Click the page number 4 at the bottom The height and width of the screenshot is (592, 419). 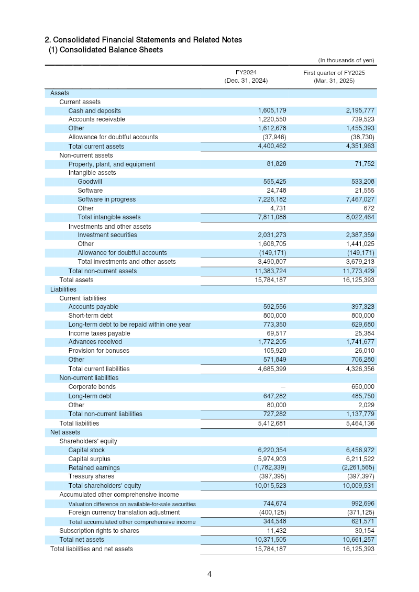click(x=210, y=574)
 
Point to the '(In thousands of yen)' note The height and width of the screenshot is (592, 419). click(x=346, y=60)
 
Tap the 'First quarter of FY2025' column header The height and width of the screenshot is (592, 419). click(x=334, y=72)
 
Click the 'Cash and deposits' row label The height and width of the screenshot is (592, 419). click(x=94, y=111)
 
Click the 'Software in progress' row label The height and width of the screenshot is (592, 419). click(x=106, y=199)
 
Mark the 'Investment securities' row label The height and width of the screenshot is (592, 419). click(x=107, y=235)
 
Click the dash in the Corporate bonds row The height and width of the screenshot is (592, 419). click(x=283, y=387)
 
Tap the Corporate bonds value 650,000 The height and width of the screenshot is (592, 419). click(x=361, y=387)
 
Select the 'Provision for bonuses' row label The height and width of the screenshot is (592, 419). click(x=98, y=351)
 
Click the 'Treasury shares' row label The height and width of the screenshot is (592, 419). click(x=91, y=476)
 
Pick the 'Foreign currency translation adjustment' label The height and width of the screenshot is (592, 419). click(x=124, y=512)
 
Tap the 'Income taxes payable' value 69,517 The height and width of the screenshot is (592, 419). click(x=274, y=333)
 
